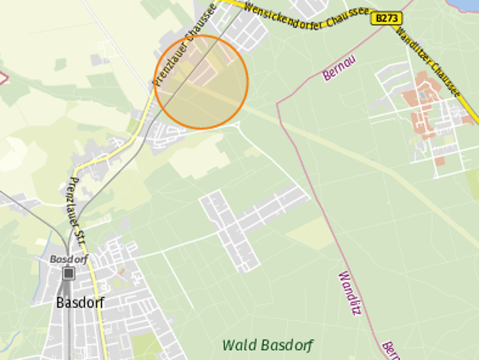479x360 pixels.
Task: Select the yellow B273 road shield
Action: point(386,18)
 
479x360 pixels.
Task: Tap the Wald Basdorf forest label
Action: point(268,345)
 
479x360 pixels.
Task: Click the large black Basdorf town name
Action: point(80,302)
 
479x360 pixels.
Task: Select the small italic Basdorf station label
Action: point(69,259)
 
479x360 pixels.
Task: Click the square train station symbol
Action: point(70,273)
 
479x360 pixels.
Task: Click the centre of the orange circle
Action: point(202,81)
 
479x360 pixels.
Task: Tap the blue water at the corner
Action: point(469,4)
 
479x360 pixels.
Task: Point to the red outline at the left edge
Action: point(3,77)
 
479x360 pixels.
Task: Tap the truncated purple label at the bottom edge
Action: point(390,350)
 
